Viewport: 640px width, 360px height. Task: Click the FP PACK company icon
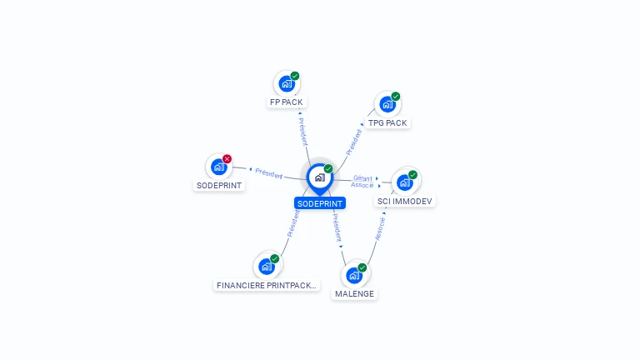tap(287, 83)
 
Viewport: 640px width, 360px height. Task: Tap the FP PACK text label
tap(287, 102)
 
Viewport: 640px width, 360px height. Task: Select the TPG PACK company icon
tap(387, 104)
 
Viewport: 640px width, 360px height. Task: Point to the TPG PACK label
tap(387, 122)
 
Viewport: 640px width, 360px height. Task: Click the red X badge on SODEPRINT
tap(227, 159)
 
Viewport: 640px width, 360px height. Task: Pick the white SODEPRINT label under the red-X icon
tap(219, 185)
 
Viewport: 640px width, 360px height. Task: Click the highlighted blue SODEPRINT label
tap(320, 203)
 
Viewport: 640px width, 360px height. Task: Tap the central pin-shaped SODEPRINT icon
tap(320, 179)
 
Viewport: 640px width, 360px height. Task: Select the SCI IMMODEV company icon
tap(405, 182)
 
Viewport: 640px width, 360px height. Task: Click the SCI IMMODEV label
tap(404, 201)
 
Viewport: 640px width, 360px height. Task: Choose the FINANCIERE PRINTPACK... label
tap(267, 285)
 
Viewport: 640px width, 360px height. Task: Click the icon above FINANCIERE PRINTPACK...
tap(267, 267)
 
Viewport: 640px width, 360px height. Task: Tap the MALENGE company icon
tap(354, 276)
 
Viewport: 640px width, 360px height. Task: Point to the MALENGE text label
tap(354, 294)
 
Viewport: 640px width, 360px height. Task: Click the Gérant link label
tap(362, 178)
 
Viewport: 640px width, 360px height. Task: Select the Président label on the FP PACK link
tap(302, 132)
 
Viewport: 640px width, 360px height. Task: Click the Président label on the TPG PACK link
tap(354, 142)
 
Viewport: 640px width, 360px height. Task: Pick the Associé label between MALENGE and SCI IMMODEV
tap(380, 228)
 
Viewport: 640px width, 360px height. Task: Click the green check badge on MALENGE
tap(362, 267)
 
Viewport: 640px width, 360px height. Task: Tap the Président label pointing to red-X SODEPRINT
tap(268, 173)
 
